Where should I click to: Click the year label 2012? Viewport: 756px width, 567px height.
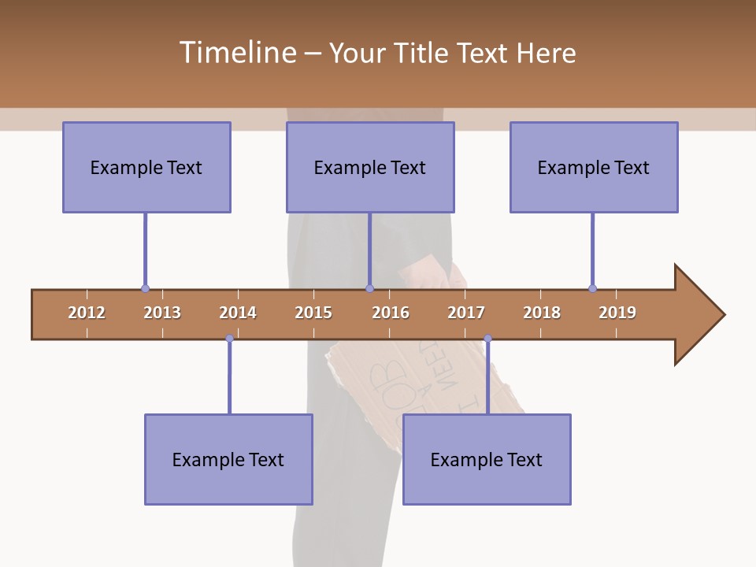pyautogui.click(x=87, y=313)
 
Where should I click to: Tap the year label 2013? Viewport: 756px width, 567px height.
pyautogui.click(x=162, y=313)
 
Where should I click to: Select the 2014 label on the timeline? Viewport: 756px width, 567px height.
pyautogui.click(x=238, y=313)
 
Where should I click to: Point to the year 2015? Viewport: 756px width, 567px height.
pyautogui.click(x=313, y=313)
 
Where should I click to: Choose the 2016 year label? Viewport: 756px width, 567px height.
pyautogui.click(x=391, y=313)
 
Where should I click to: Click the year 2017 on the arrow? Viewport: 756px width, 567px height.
pyautogui.click(x=466, y=313)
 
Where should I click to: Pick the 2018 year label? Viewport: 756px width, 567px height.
pyautogui.click(x=542, y=313)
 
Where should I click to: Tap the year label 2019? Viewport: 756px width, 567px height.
pyautogui.click(x=617, y=313)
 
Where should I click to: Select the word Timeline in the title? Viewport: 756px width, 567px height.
pyautogui.click(x=236, y=53)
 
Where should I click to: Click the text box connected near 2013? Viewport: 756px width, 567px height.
pyautogui.click(x=146, y=167)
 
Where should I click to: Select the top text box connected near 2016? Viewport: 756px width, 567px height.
pyautogui.click(x=370, y=167)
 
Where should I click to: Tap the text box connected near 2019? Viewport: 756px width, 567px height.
pyautogui.click(x=594, y=167)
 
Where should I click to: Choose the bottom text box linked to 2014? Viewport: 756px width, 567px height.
pyautogui.click(x=228, y=459)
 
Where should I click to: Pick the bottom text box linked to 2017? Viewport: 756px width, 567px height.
pyautogui.click(x=487, y=459)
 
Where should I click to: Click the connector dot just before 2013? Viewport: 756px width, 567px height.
pyautogui.click(x=145, y=289)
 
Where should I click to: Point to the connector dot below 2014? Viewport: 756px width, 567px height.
pyautogui.click(x=229, y=339)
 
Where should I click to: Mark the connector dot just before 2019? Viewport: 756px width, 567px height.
pyautogui.click(x=592, y=289)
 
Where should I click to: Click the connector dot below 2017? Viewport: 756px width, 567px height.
pyautogui.click(x=487, y=339)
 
